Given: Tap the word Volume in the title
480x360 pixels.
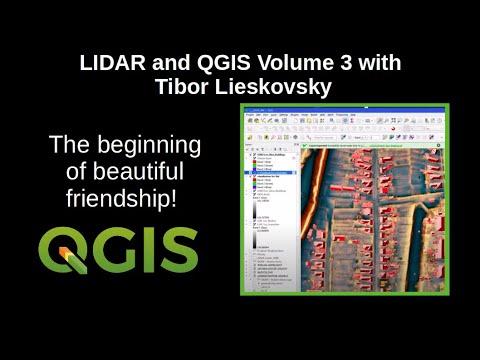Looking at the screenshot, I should pyautogui.click(x=276, y=63).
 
